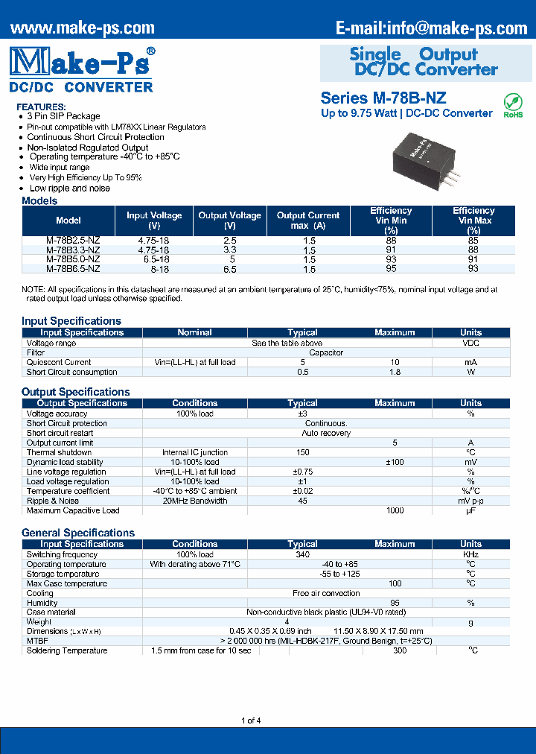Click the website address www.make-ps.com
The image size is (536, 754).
(83, 28)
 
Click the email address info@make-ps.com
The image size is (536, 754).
(431, 28)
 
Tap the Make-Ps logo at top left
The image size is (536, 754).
(83, 61)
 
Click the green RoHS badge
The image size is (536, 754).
(513, 105)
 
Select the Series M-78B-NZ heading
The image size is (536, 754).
(383, 98)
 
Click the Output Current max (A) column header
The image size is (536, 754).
(308, 221)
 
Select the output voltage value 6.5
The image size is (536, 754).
(229, 269)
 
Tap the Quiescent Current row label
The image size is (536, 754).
(59, 362)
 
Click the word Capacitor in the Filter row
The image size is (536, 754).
(326, 352)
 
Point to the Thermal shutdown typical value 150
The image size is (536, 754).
(302, 452)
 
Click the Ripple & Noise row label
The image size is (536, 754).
(53, 501)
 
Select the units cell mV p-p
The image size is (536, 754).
(470, 501)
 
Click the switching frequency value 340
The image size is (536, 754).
(302, 554)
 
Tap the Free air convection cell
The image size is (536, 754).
(326, 593)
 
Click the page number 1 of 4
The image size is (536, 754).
(252, 720)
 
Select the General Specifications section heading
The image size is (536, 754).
(78, 533)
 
